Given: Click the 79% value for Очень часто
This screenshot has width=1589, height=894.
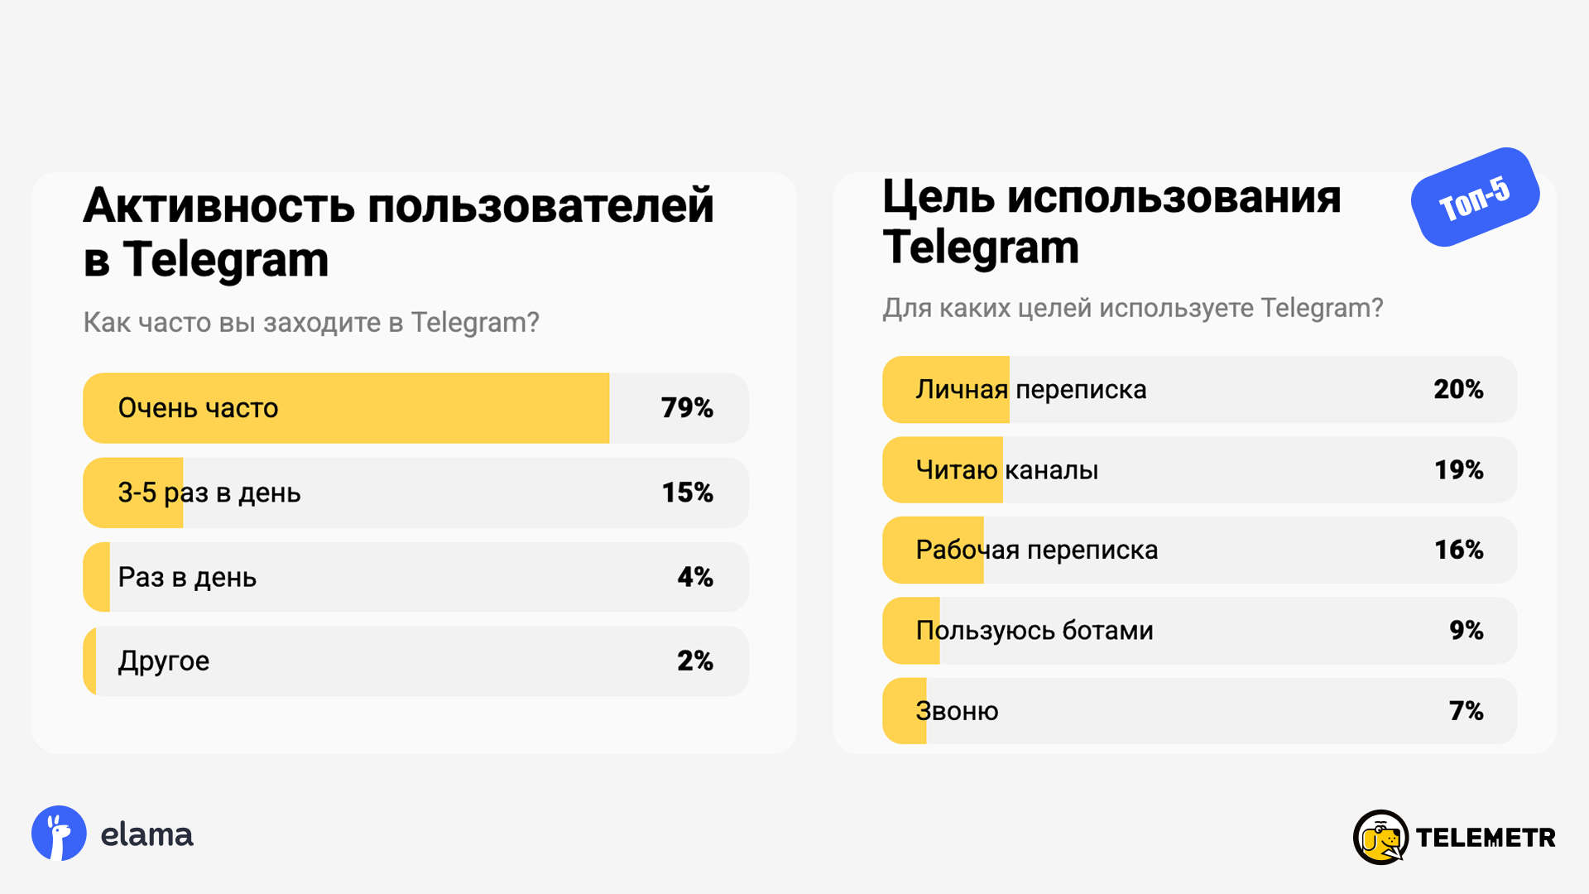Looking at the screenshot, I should click(687, 408).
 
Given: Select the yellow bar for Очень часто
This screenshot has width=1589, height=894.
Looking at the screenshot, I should click(346, 408).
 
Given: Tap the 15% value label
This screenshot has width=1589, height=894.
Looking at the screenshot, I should click(687, 493).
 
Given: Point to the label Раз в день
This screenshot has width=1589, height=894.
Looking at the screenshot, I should click(187, 577).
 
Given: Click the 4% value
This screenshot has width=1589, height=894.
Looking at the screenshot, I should click(695, 577).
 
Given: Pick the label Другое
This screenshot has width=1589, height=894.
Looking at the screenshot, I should click(164, 661).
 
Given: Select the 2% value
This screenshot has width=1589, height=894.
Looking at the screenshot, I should click(695, 661).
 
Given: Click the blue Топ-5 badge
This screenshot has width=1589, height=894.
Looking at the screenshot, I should click(1475, 197).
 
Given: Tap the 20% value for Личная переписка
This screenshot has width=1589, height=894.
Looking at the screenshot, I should click(1458, 389).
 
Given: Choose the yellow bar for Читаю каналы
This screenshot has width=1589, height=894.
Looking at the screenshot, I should click(943, 469).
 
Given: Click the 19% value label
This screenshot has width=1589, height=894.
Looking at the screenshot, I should click(1458, 469).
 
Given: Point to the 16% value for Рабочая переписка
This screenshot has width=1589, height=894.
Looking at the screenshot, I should click(1458, 550).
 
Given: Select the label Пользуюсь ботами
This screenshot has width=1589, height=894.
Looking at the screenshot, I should click(1035, 631).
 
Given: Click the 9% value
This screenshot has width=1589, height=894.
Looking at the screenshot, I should click(1466, 630).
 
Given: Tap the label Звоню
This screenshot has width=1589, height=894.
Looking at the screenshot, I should click(957, 711).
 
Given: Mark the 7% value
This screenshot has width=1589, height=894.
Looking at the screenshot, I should click(1466, 710).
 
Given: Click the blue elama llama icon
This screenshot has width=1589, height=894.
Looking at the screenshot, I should click(59, 834).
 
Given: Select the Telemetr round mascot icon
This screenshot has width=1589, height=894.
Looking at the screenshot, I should click(1380, 838).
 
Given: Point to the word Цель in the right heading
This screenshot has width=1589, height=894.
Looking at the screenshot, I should click(939, 197).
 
